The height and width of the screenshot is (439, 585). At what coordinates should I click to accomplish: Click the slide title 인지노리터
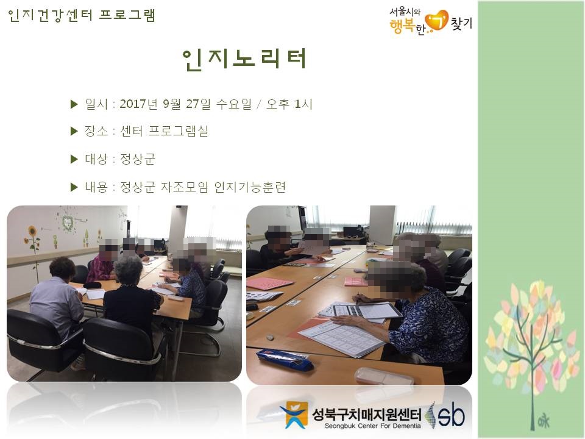pyautogui.click(x=244, y=59)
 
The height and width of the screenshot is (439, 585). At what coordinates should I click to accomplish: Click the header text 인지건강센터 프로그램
pyautogui.click(x=82, y=15)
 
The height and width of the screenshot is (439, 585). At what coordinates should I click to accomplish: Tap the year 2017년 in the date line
pyautogui.click(x=140, y=104)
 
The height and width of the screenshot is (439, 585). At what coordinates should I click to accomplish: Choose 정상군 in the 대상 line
pyautogui.click(x=138, y=159)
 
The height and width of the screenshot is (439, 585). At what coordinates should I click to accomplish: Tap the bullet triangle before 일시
pyautogui.click(x=74, y=104)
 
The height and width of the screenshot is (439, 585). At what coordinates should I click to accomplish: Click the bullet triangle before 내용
pyautogui.click(x=74, y=187)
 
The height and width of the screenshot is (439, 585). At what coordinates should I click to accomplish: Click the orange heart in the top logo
pyautogui.click(x=436, y=21)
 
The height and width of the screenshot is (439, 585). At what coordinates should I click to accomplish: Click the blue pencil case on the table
pyautogui.click(x=285, y=360)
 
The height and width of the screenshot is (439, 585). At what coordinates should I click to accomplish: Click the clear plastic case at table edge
pyautogui.click(x=385, y=376)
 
